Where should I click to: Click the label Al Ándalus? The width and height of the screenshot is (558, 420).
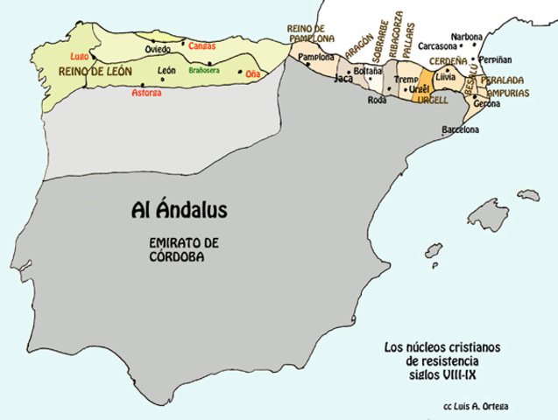coord(179,211)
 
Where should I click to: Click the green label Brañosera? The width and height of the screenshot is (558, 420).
coord(204,70)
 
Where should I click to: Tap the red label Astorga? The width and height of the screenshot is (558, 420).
coord(146,92)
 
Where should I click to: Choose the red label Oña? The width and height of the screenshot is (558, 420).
coord(252,74)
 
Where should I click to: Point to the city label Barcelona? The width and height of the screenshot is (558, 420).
coord(461,129)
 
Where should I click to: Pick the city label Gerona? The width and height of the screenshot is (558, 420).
coord(486,103)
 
